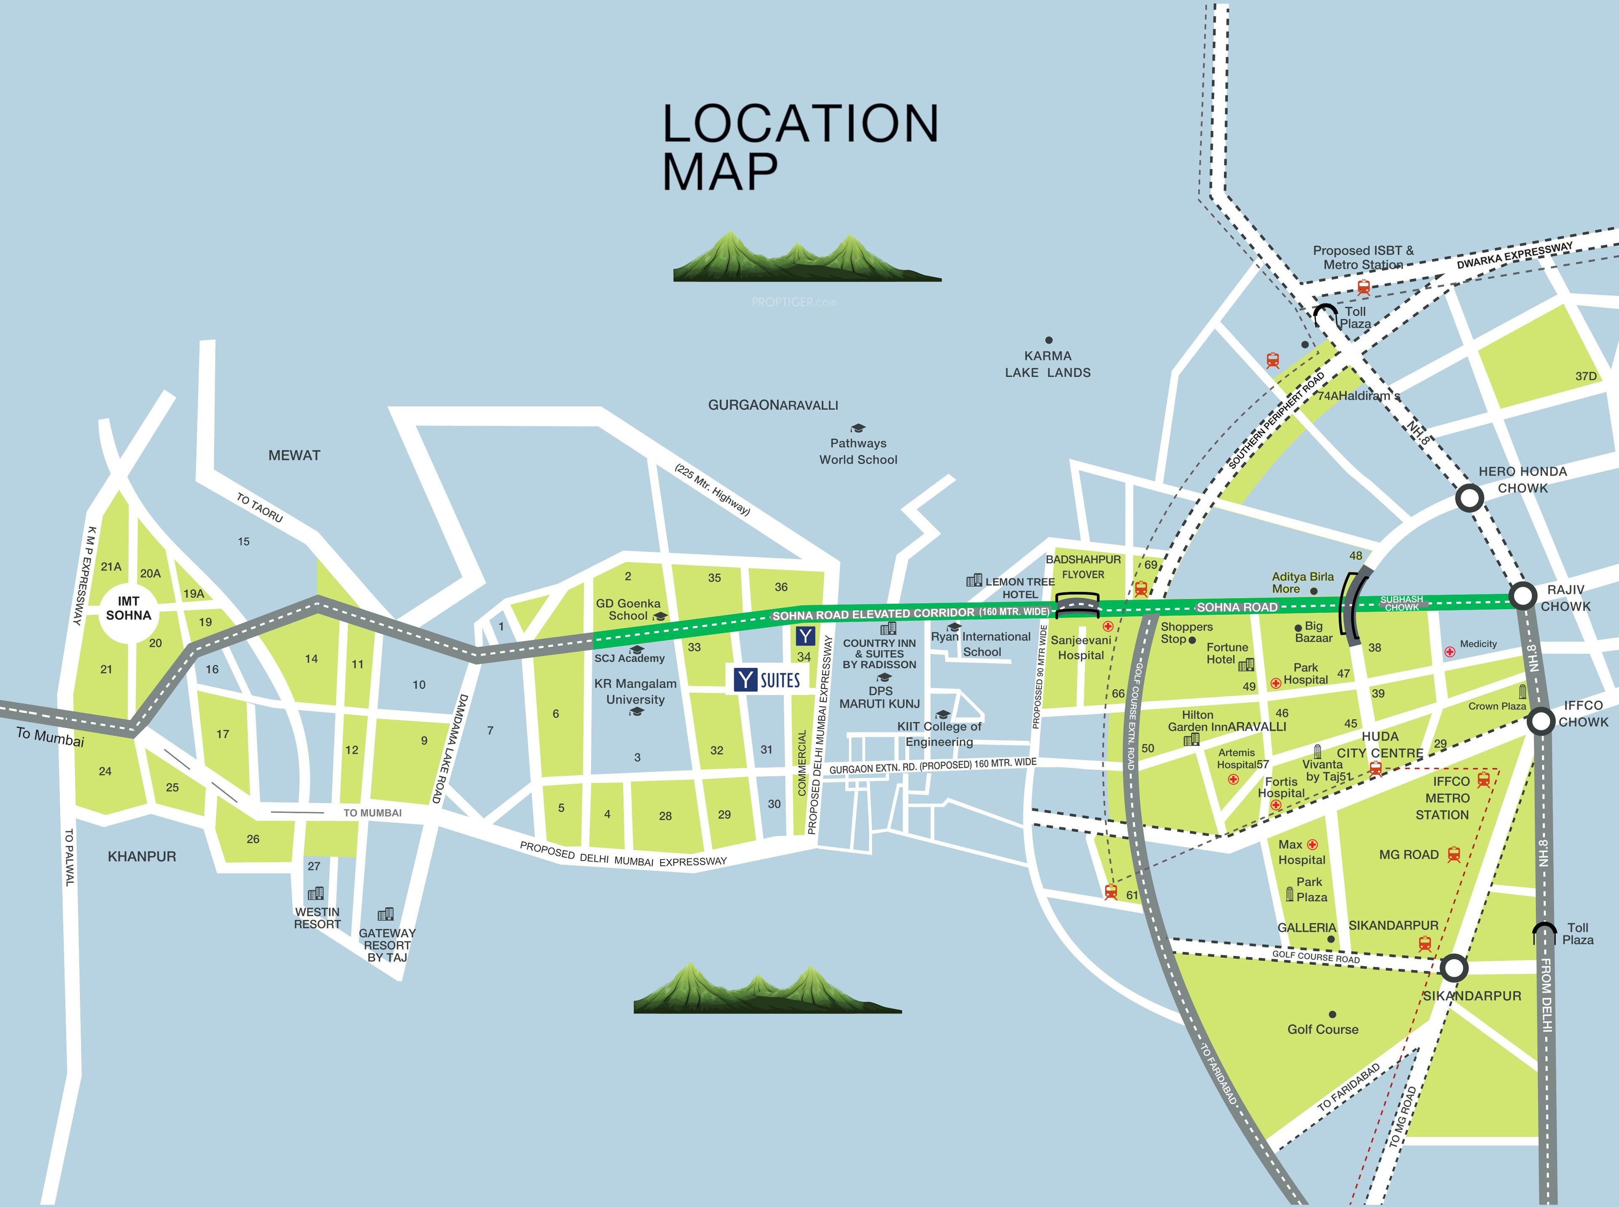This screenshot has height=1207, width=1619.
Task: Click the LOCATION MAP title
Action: [800, 146]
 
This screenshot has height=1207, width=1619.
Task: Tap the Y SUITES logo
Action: [767, 680]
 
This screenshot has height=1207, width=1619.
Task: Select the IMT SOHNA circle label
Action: [129, 608]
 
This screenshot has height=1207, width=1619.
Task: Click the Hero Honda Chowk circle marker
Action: [1469, 498]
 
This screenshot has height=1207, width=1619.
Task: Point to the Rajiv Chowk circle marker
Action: [1522, 596]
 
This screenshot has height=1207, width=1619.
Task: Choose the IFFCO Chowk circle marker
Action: [1541, 721]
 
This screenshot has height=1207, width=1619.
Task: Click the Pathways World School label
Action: [858, 451]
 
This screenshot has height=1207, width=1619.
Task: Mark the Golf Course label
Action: [1322, 1029]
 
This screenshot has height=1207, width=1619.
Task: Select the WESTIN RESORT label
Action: [317, 918]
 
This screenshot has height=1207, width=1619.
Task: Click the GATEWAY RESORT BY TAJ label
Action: [387, 945]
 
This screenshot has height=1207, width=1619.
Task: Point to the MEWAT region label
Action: [294, 455]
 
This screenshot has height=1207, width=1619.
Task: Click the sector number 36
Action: [781, 587]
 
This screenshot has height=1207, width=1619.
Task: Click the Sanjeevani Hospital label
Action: [1081, 647]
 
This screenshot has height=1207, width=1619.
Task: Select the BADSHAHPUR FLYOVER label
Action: [1083, 566]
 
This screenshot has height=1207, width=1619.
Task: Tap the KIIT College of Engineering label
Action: [939, 734]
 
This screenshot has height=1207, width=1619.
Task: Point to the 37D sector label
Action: [1585, 376]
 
